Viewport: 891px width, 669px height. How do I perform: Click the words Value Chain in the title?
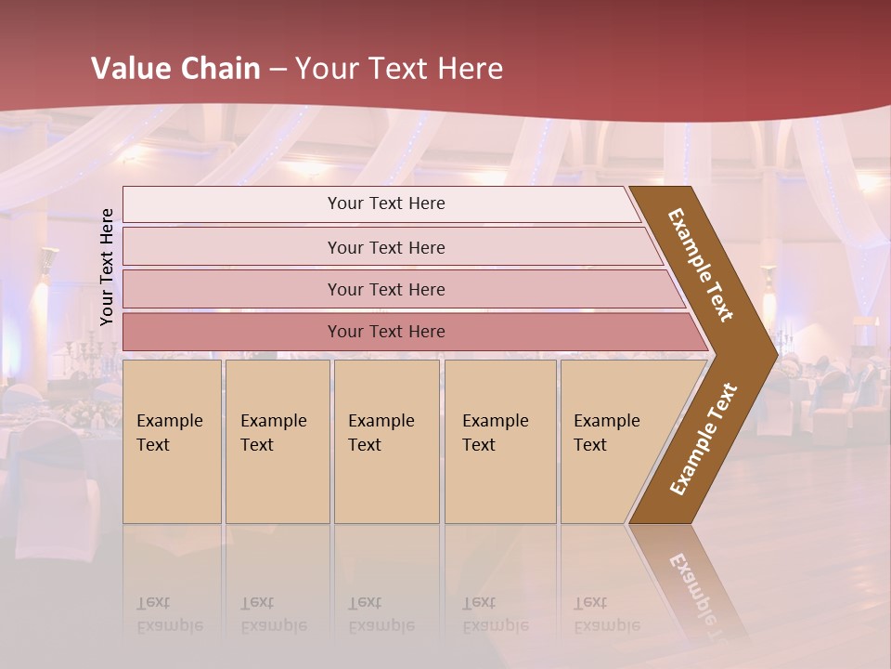(x=175, y=69)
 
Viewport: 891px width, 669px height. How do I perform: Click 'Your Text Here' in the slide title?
(x=399, y=69)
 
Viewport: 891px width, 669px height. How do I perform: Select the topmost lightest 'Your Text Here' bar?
(x=386, y=203)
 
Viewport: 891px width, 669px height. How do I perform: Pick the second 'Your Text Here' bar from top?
(x=386, y=247)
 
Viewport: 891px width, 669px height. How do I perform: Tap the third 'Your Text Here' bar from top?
(x=386, y=289)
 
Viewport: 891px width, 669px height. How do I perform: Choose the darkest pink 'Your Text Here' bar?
(x=386, y=331)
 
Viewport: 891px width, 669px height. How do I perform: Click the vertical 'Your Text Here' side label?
(x=108, y=267)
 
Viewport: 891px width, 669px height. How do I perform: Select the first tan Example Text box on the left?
(x=172, y=440)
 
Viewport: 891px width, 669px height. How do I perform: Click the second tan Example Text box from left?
(x=277, y=440)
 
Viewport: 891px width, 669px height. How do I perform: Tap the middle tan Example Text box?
(x=386, y=440)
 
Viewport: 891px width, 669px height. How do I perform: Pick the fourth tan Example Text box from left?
(x=499, y=440)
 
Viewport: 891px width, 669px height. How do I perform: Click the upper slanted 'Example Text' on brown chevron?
(x=701, y=265)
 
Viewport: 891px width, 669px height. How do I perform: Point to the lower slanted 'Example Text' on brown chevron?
(x=704, y=439)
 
